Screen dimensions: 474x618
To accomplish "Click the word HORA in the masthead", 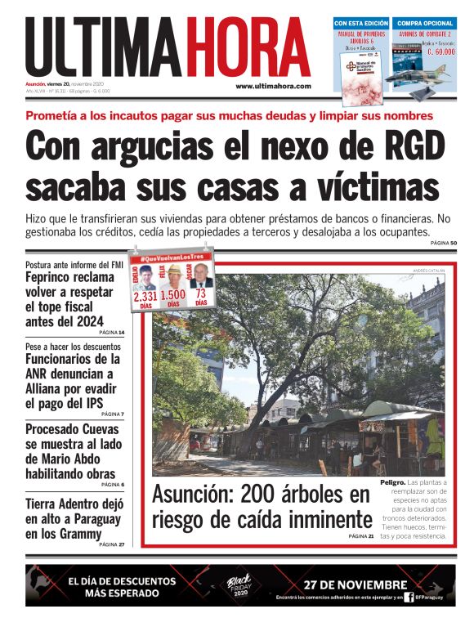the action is point(245,47).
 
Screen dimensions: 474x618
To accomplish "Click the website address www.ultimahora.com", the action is point(273,86).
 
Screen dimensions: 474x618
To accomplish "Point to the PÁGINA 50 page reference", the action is point(443,244).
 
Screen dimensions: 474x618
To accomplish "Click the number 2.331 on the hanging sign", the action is point(145,295).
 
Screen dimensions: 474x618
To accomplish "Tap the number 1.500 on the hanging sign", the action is point(173,295).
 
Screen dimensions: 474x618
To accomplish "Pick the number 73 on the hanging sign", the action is point(200,293).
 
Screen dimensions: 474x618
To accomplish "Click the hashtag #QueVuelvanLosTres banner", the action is point(172,257).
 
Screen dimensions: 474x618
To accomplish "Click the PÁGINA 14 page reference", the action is point(110,333).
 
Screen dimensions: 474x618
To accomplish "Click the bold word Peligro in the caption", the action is point(393,482).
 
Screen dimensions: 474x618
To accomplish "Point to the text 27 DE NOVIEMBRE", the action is point(355,584).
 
